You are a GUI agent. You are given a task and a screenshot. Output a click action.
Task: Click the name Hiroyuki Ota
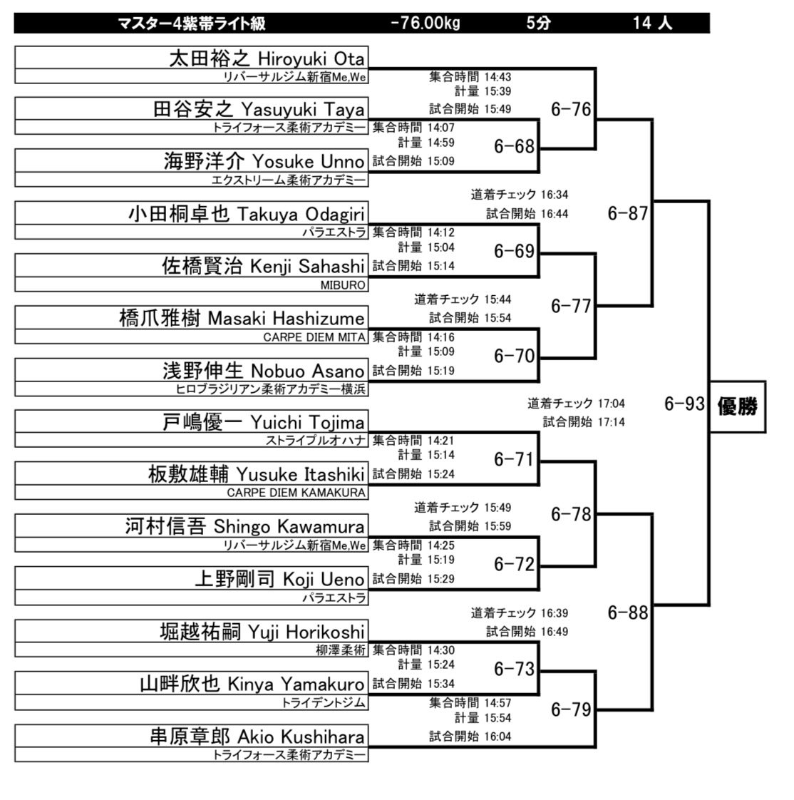[311, 59]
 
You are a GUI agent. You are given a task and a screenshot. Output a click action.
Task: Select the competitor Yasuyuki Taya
[303, 110]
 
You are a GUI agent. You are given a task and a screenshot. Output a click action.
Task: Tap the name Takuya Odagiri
[301, 215]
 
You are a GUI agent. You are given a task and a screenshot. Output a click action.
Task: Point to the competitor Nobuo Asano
[308, 371]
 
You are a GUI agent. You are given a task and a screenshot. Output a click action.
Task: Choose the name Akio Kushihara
[301, 737]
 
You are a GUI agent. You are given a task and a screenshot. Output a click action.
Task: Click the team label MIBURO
[343, 285]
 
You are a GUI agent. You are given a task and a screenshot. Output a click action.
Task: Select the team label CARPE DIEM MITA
[314, 337]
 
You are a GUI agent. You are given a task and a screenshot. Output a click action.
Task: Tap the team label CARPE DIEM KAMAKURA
[296, 493]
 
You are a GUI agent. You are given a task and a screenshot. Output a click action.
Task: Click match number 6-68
[514, 147]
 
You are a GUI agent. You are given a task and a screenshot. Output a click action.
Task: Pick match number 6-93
[684, 404]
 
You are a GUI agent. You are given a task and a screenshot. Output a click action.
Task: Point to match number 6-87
[628, 213]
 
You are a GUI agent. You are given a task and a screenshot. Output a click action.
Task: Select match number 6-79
[571, 709]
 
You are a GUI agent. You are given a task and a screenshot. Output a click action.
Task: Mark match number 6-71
[514, 460]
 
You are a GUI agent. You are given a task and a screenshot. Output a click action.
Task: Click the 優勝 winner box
[738, 406]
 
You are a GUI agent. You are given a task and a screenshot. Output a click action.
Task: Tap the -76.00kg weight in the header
[426, 23]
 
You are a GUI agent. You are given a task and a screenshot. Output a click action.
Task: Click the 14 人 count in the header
[652, 23]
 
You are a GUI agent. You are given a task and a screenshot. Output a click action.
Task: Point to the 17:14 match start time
[611, 422]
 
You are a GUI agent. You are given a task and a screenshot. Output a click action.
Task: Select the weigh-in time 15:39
[497, 91]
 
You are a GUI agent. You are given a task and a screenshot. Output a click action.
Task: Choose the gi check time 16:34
[555, 195]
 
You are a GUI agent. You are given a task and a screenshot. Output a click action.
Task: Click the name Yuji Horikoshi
[306, 632]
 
